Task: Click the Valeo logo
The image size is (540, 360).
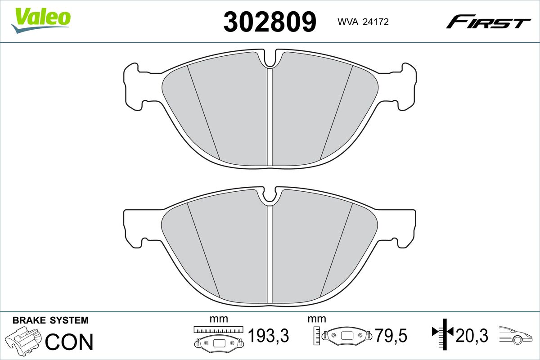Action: click(x=41, y=20)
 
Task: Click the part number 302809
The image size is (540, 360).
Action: click(x=270, y=22)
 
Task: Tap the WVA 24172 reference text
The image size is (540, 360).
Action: click(x=363, y=22)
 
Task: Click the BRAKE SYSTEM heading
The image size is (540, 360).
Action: click(x=50, y=320)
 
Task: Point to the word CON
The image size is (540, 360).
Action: click(x=69, y=342)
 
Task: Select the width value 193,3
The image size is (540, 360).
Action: click(x=268, y=335)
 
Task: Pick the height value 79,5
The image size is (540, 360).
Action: click(x=391, y=335)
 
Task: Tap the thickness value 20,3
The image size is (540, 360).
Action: click(x=472, y=335)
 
